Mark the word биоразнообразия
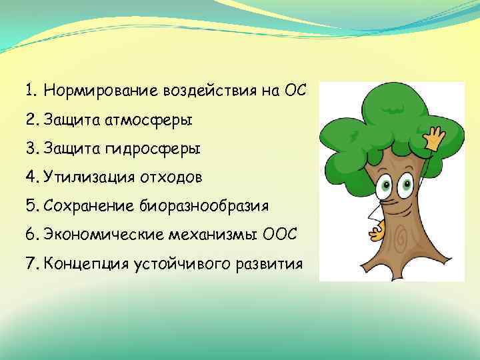coord(204,205)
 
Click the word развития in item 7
coord(270,263)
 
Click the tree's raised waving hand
coord(437,139)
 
